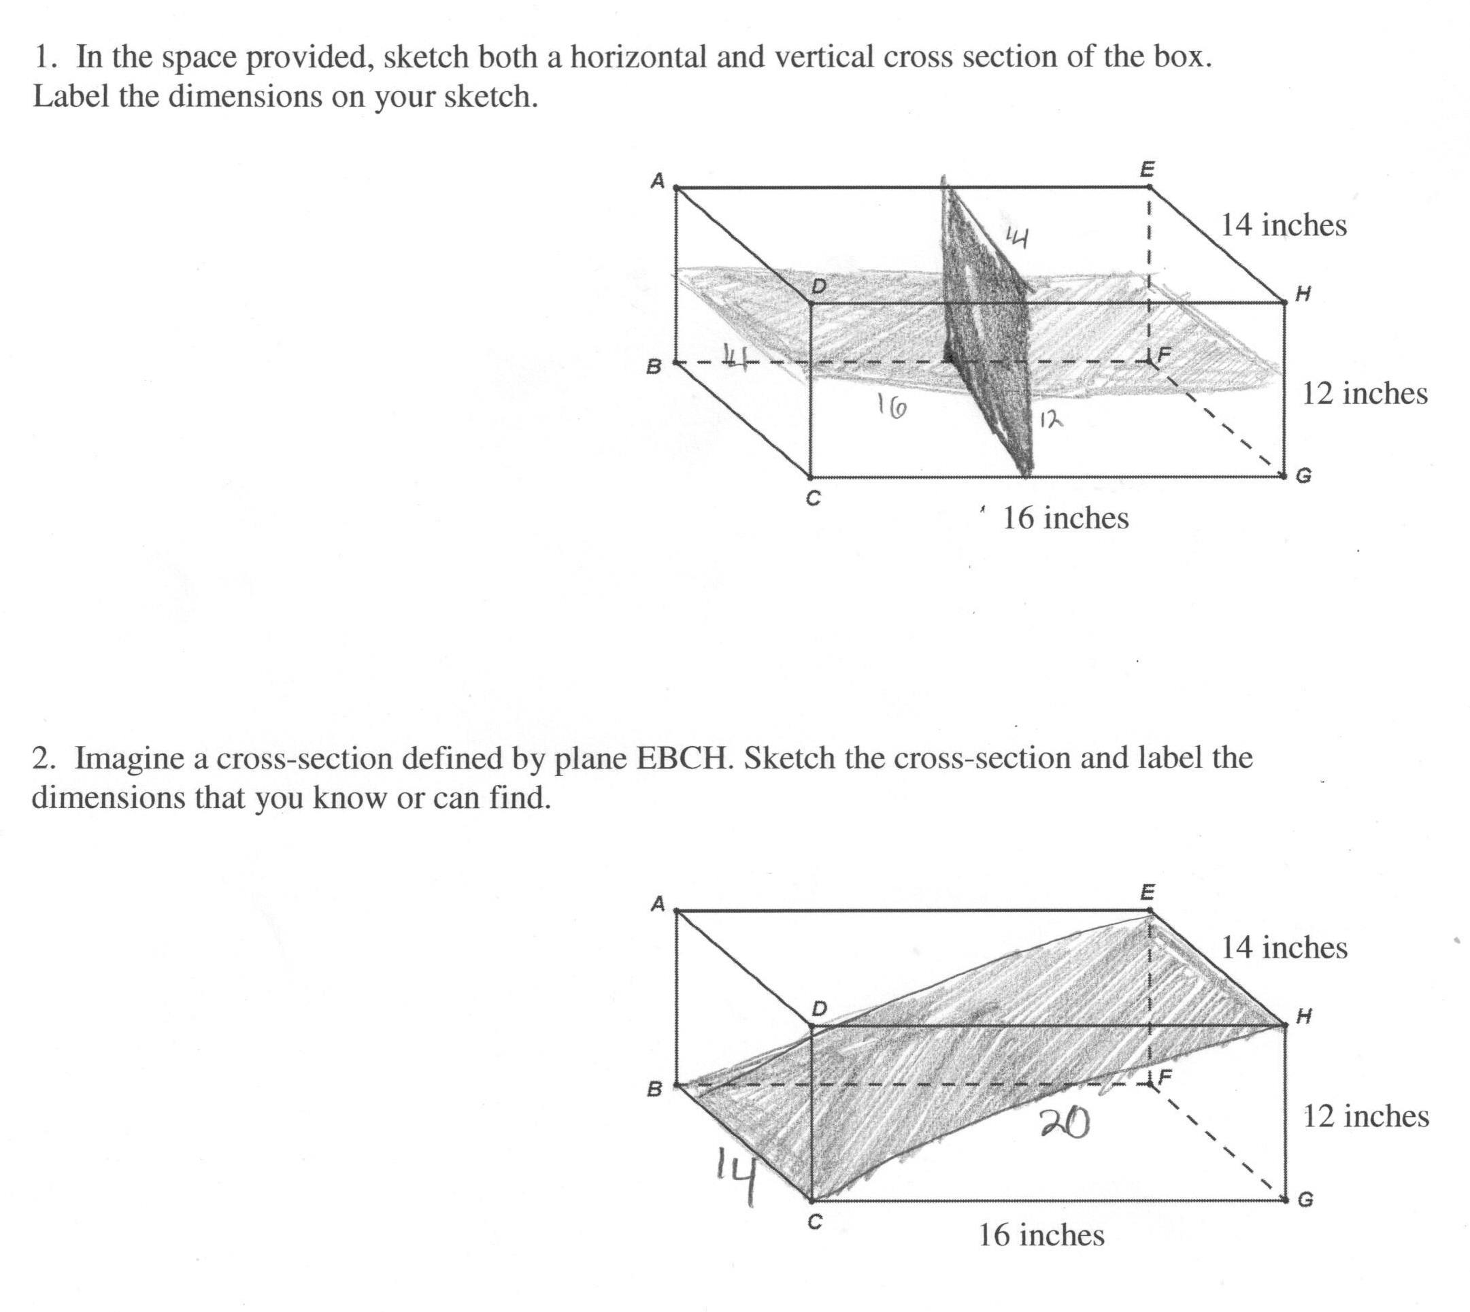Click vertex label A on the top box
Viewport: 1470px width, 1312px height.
pos(657,180)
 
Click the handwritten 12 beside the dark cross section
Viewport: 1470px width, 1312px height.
pos(1050,419)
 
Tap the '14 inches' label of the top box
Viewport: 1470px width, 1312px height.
pos(1284,226)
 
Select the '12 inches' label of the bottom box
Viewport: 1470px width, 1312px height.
pos(1365,1116)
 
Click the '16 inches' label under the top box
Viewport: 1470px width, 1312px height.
pos(1065,518)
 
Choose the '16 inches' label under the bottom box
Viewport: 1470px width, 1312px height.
pos(1040,1235)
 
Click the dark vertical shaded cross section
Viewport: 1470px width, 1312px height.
pos(988,324)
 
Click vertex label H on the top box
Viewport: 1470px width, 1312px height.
pos(1303,293)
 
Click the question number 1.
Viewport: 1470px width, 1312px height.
pos(45,57)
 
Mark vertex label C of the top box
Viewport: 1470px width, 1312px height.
pos(812,498)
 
